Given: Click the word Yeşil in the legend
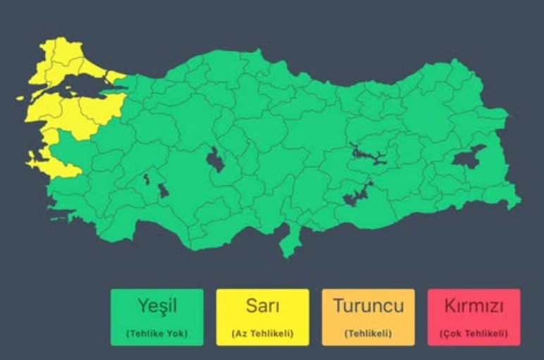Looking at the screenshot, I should click(156, 306).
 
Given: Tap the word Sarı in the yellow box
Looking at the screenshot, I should click(262, 306).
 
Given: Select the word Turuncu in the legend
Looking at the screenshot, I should click(368, 306).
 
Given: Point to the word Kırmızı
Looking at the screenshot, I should click(474, 306).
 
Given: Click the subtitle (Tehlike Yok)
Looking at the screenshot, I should click(156, 333).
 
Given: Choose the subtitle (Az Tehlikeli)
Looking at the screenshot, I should click(262, 333).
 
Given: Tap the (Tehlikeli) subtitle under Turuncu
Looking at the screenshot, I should click(368, 333).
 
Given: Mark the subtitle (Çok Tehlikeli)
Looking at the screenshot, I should click(474, 333).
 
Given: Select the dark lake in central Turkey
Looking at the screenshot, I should click(214, 161).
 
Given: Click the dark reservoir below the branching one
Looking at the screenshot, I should click(356, 195).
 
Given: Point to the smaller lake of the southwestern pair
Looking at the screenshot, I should click(147, 179).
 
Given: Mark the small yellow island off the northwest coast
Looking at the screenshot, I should click(21, 99).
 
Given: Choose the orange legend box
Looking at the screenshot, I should click(368, 317).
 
